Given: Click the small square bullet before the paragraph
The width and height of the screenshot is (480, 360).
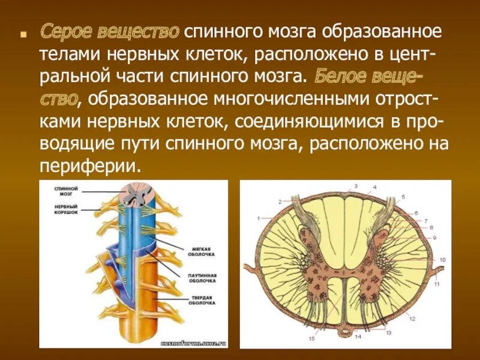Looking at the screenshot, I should pos(23,34).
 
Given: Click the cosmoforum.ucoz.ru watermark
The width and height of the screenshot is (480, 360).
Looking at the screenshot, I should pos(193,344).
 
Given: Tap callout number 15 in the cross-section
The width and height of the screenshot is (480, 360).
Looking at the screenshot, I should pos(312,338).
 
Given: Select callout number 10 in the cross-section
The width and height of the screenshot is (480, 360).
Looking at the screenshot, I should pos(443,259).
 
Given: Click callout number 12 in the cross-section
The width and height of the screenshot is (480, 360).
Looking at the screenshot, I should pos(412,319).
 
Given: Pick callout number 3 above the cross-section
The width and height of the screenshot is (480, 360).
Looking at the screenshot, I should pos(355,187).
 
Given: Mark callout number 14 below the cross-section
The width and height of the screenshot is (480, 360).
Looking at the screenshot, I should pos(357,337).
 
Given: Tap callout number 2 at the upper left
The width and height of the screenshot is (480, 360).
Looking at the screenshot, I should pos(280,201).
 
